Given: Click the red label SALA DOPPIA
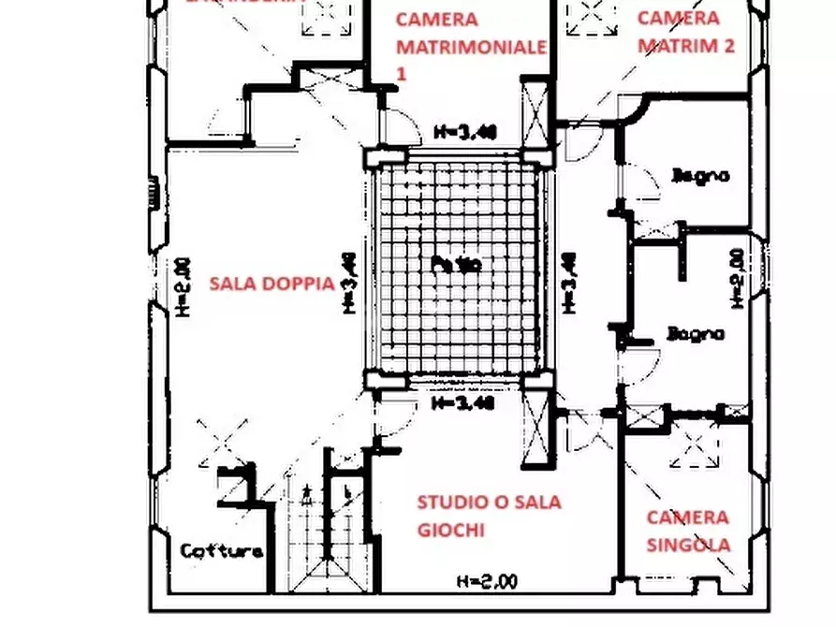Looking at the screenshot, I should [271, 283].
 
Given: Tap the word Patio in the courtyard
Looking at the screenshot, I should [457, 265].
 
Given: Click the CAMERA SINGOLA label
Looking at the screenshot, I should [688, 531].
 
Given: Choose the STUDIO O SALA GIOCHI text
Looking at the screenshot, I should [489, 516].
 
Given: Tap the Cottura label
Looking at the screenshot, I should [222, 550].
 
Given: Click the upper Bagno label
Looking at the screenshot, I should [700, 175].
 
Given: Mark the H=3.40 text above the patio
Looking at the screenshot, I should [464, 132].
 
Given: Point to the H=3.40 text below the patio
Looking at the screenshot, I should [462, 404].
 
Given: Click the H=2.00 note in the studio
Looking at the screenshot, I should [486, 581].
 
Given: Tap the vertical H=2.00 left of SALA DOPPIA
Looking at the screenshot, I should [184, 286].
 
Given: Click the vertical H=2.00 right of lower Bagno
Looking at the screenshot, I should [736, 278].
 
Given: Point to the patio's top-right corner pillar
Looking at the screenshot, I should [538, 156].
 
